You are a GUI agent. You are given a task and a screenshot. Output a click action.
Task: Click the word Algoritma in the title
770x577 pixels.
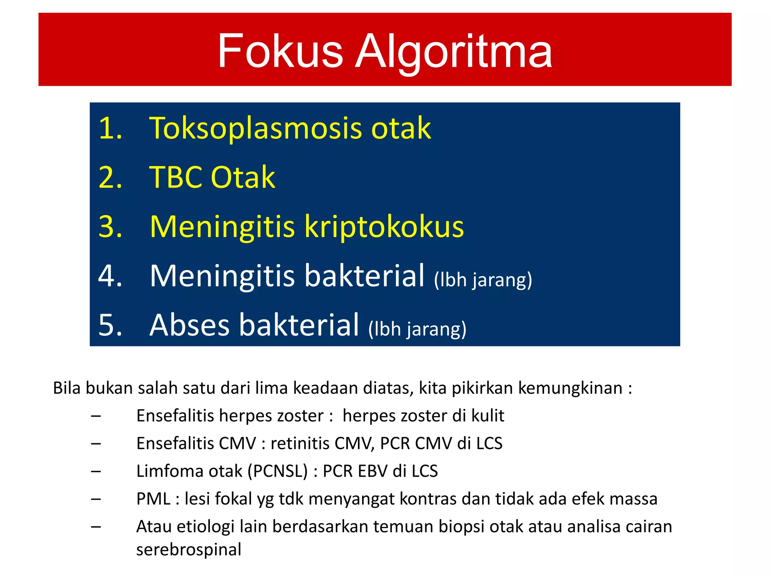pyautogui.click(x=454, y=52)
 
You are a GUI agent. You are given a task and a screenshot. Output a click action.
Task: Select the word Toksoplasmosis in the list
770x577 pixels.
pyautogui.click(x=256, y=128)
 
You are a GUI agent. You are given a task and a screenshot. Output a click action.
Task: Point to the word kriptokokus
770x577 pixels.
pyautogui.click(x=384, y=227)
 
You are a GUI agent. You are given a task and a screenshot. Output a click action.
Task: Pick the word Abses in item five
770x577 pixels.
pyautogui.click(x=189, y=325)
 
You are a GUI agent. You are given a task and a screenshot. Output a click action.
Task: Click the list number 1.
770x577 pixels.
pyautogui.click(x=110, y=128)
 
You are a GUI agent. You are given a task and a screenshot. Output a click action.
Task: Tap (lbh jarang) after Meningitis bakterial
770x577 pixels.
pyautogui.click(x=483, y=280)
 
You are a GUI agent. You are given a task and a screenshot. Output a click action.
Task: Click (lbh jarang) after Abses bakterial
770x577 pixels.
pyautogui.click(x=417, y=329)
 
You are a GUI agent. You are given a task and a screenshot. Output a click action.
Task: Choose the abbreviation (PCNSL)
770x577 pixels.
pyautogui.click(x=277, y=471)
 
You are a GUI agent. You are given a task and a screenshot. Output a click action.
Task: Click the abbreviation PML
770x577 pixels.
pyautogui.click(x=153, y=499)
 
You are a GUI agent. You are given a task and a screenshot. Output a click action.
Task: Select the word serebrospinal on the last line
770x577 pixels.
pyautogui.click(x=188, y=550)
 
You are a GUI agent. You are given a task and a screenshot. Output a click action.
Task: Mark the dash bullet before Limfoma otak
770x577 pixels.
pyautogui.click(x=96, y=471)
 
